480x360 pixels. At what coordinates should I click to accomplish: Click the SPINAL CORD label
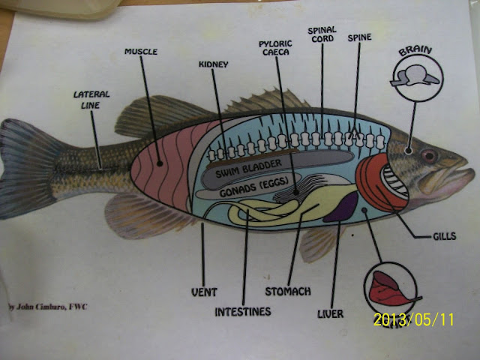coord(320,35)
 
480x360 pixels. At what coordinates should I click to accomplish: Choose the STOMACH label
coord(288,290)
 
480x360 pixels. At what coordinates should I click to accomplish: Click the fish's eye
coord(430,155)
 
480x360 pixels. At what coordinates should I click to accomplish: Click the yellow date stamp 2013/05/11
coord(414,319)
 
